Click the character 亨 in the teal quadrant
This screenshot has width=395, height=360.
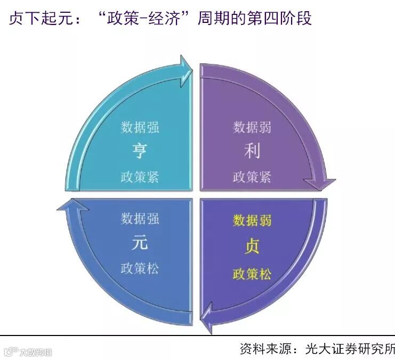tap(140, 152)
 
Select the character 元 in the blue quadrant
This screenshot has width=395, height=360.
tap(140, 243)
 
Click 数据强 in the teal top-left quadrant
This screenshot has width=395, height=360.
tap(140, 128)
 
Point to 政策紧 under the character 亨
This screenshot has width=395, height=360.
tap(140, 177)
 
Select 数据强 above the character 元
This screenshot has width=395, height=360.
tap(140, 218)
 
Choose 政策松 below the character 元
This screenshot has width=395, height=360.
tap(140, 268)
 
